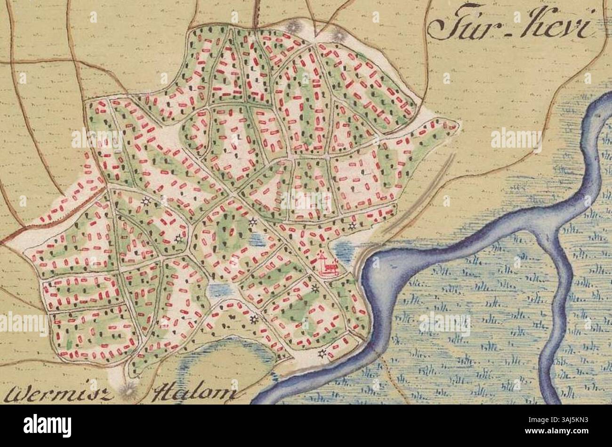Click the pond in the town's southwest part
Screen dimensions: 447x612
pyautogui.click(x=216, y=290)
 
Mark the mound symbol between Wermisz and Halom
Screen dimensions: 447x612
pyautogui.click(x=128, y=389)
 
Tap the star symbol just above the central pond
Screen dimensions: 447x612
pyautogui.click(x=253, y=221)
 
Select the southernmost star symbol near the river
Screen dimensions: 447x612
pyautogui.click(x=322, y=353)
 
